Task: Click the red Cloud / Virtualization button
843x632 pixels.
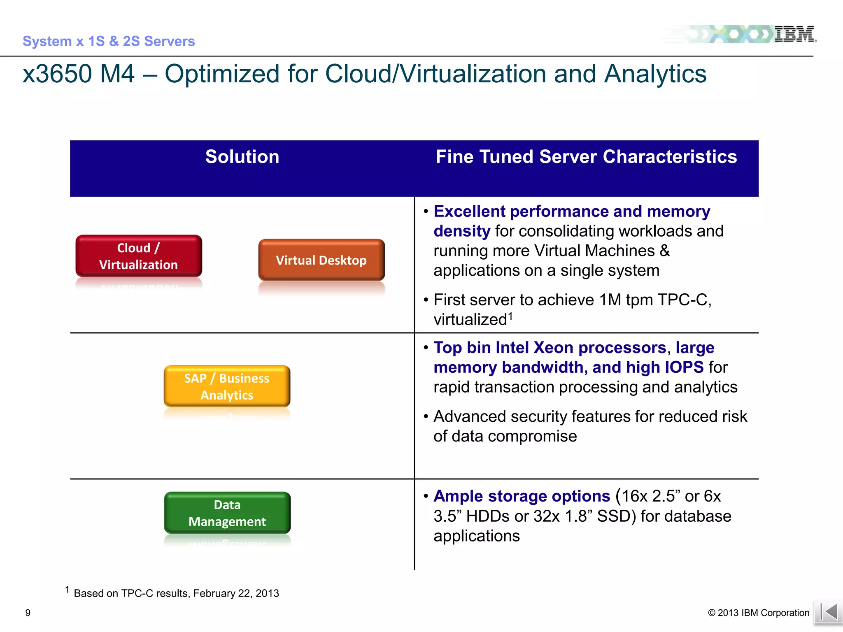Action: [x=139, y=256]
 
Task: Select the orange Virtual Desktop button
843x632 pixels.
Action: [x=321, y=260]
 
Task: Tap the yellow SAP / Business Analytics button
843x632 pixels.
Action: [x=227, y=386]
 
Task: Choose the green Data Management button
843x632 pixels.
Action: [x=227, y=513]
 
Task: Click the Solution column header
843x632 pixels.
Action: [x=242, y=157]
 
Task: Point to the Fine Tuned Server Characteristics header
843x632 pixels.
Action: [x=586, y=157]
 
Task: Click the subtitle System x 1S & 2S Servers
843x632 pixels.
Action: [x=109, y=41]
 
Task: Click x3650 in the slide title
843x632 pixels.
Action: [x=58, y=74]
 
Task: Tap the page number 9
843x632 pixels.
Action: [x=28, y=613]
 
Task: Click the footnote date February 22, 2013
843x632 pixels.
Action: [x=236, y=593]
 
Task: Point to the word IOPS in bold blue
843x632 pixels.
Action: [x=684, y=367]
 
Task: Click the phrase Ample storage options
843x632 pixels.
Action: [x=522, y=496]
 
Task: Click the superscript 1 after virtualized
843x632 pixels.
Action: [x=510, y=316]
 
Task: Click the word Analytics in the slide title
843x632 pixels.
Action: [x=655, y=74]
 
